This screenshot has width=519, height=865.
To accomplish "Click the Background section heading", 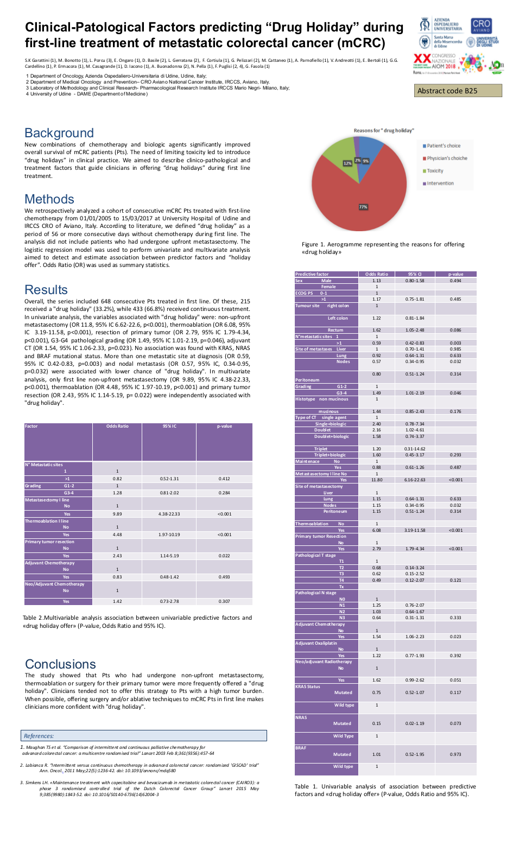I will [59, 133].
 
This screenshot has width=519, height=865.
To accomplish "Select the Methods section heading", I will [49, 199].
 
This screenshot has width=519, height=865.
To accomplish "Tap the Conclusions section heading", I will [60, 664].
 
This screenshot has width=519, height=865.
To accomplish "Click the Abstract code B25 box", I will [458, 91].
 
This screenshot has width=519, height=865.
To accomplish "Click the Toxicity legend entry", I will [435, 171].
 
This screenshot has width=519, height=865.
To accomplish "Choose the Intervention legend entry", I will [440, 183].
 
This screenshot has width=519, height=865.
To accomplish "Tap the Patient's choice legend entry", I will [443, 146].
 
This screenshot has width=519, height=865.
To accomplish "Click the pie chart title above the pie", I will [383, 131].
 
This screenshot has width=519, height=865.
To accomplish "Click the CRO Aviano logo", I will [481, 26].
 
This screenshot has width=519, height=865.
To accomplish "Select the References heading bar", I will [144, 736].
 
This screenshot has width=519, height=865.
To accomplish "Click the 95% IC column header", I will [169, 427].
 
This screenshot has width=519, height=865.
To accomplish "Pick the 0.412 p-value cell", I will [224, 479].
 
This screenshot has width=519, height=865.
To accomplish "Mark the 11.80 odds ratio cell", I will [377, 480].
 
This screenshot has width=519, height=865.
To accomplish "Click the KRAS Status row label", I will [308, 686].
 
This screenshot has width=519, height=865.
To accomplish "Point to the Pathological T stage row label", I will [315, 555].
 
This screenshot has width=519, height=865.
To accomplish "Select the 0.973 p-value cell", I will [455, 754].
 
